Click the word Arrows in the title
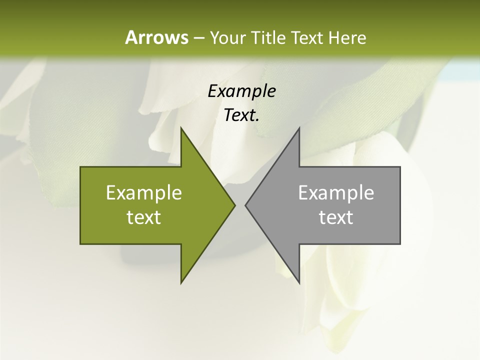(156, 37)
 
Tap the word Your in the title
(228, 37)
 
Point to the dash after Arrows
(198, 38)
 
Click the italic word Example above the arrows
(241, 91)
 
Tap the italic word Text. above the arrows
(241, 115)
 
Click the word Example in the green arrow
(144, 192)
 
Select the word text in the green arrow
(144, 217)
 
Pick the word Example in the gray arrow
(336, 192)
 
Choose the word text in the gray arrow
(336, 217)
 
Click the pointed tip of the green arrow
(235, 205)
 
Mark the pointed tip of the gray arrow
(245, 205)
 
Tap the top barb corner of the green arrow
(181, 128)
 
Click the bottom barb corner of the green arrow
(181, 283)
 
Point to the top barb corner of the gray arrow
(299, 128)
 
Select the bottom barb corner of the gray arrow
(299, 283)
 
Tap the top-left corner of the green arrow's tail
(80, 167)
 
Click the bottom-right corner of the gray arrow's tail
(400, 243)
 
